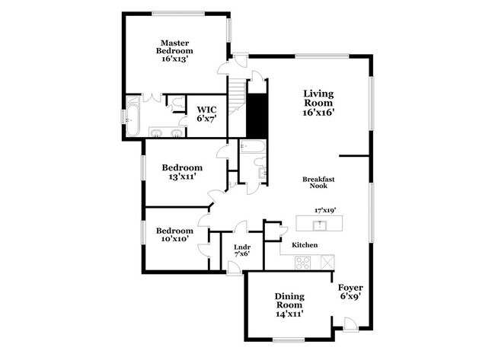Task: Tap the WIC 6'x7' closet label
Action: tap(207, 114)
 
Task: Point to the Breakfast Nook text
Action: tap(319, 183)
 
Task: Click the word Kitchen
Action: tap(304, 245)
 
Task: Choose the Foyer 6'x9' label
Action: tap(350, 292)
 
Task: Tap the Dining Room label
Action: tap(290, 303)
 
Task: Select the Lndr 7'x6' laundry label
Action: tap(242, 250)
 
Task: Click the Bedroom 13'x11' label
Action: tap(182, 172)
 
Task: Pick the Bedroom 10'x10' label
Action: tap(177, 235)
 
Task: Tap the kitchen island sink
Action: tap(321, 224)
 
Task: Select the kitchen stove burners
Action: tap(302, 262)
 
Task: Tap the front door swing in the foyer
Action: tap(350, 325)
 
